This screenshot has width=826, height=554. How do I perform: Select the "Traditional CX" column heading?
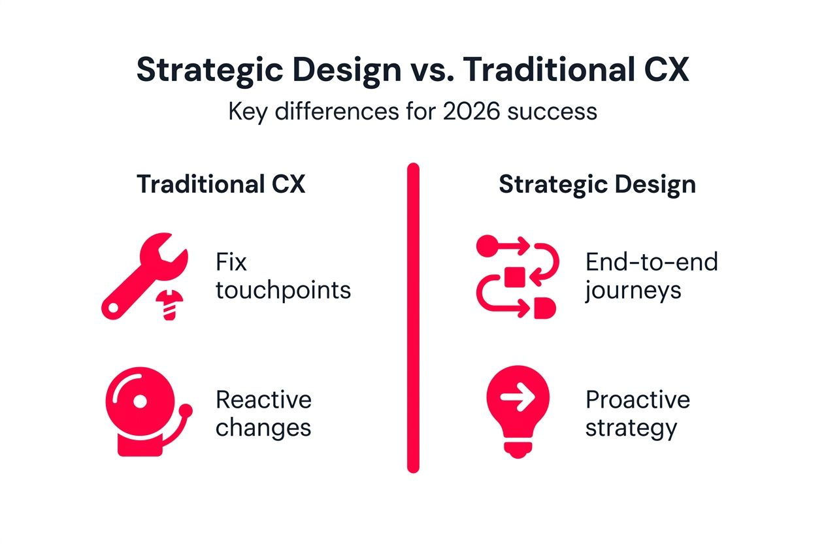(221, 185)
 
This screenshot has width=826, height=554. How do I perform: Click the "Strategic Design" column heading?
(597, 185)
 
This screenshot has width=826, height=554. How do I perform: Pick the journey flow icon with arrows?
(516, 277)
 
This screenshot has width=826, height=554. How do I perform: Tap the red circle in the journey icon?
(487, 246)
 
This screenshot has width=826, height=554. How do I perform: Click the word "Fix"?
(231, 263)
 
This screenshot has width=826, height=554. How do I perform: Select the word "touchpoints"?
(283, 290)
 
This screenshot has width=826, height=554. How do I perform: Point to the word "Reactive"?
(263, 399)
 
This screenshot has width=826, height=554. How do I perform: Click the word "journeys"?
(633, 291)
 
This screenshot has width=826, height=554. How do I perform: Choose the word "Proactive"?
(637, 399)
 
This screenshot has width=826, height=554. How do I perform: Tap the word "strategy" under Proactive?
(630, 429)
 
